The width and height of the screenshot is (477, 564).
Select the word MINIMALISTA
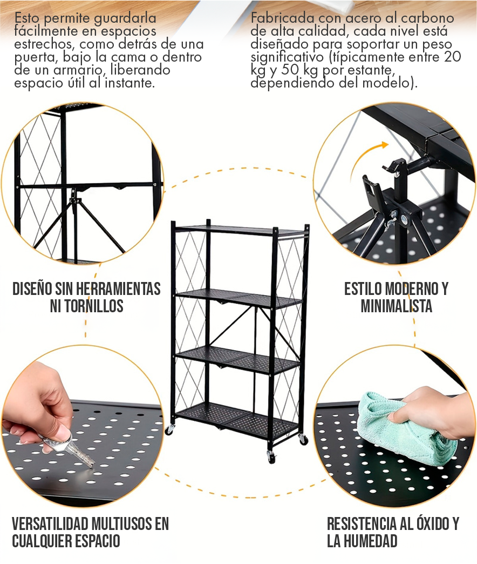(396, 306)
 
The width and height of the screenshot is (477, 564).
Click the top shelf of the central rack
(241, 230)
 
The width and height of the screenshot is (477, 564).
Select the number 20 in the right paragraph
(452, 57)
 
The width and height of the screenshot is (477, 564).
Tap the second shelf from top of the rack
(239, 299)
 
